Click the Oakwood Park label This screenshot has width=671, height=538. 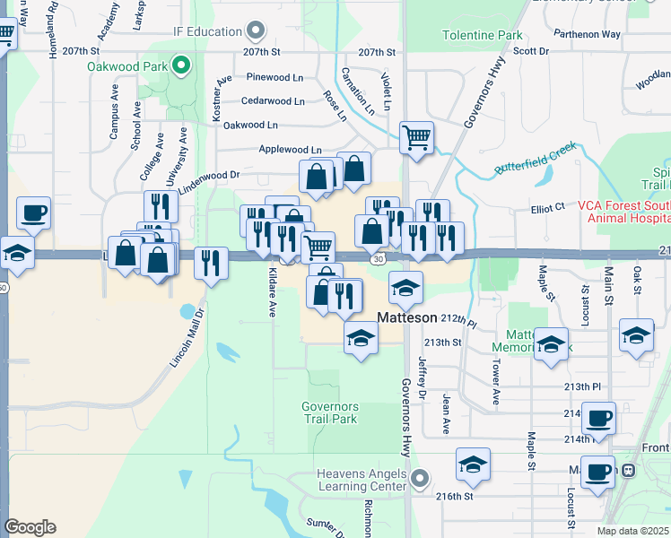(x=128, y=65)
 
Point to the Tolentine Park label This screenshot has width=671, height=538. (x=483, y=36)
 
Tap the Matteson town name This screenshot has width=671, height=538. (x=406, y=317)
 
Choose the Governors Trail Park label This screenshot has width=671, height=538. (x=329, y=412)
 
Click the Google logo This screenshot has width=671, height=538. (x=30, y=526)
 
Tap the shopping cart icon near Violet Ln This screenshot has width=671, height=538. (x=416, y=138)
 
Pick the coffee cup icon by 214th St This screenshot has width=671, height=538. (x=598, y=418)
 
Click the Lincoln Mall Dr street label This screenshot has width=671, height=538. (x=188, y=338)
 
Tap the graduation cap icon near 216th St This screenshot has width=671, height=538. (x=473, y=464)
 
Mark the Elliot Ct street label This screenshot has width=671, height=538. (x=547, y=206)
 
